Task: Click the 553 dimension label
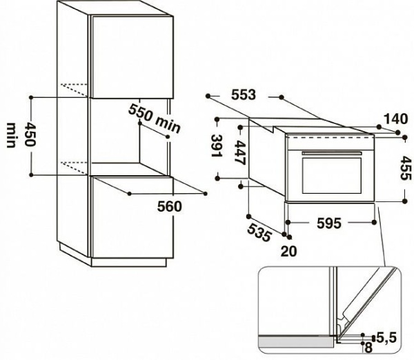coord(244,94)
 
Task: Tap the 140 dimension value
coord(395,119)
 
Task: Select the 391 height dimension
coord(217,146)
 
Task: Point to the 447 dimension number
coord(240,153)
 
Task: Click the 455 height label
coord(406,168)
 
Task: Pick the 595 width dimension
coord(328,223)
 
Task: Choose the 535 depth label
coord(259,232)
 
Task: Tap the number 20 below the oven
coord(288,251)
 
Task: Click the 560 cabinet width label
coord(170,206)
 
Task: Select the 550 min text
coord(155,119)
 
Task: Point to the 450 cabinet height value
coord(30,134)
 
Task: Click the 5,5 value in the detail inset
coord(386,337)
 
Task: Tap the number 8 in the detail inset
coord(368,348)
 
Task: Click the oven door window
coord(332,175)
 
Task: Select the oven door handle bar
coord(332,153)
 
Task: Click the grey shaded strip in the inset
coord(296,343)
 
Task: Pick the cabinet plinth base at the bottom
coord(129,262)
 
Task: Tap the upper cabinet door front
coord(132,57)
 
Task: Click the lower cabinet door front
coord(132,217)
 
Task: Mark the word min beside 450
coord(10,135)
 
